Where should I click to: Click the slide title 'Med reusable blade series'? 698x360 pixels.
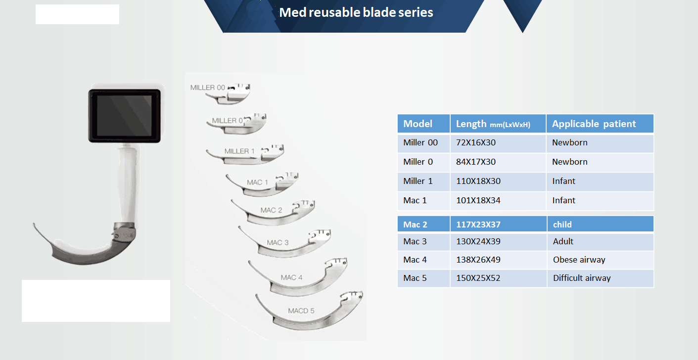(x=356, y=12)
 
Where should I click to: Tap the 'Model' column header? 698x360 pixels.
(x=418, y=124)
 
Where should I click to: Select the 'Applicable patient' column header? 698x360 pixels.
(x=594, y=124)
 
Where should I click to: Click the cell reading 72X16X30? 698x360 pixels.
(x=476, y=142)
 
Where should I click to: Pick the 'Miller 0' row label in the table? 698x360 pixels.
(x=418, y=162)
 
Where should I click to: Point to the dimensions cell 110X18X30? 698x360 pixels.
(x=478, y=181)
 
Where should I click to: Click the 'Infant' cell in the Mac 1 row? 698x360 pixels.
(x=564, y=201)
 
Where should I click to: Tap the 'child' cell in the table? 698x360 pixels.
(x=562, y=225)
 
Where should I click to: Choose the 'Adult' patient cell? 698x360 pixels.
(x=563, y=241)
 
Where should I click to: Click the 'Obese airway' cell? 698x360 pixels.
(x=579, y=260)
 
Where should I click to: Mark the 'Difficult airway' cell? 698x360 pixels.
(x=581, y=278)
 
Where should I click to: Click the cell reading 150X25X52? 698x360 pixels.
(x=478, y=278)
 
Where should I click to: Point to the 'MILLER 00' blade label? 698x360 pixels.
(x=208, y=88)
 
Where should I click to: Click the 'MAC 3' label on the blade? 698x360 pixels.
(x=278, y=243)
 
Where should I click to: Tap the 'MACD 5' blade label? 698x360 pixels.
(x=301, y=311)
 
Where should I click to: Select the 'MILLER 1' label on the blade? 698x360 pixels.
(x=239, y=151)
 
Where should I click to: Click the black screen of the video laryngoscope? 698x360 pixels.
(x=124, y=116)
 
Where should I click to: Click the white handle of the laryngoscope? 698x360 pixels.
(x=127, y=184)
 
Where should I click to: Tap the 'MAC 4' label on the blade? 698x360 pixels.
(x=291, y=277)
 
